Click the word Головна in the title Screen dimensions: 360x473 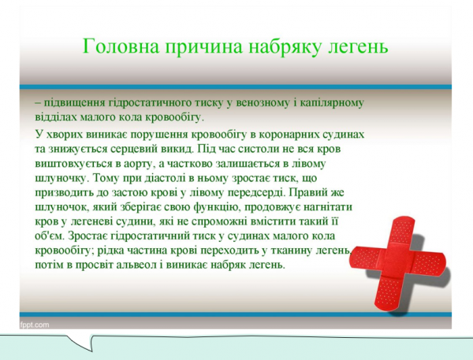coord(119,46)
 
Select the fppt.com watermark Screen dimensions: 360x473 coord(35,324)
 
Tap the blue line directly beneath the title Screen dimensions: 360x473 coord(236,86)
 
